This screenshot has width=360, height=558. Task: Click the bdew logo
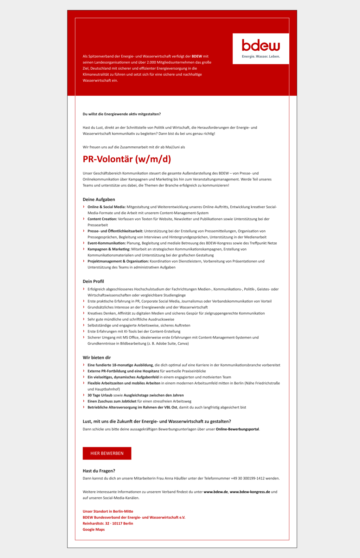click(x=261, y=45)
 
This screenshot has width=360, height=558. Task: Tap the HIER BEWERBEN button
click(x=107, y=453)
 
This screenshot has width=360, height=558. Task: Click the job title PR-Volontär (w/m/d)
click(x=127, y=159)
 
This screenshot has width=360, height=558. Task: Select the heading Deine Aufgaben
click(x=99, y=199)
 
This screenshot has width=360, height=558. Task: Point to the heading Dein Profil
click(x=93, y=281)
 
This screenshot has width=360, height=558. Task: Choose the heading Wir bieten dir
click(x=97, y=357)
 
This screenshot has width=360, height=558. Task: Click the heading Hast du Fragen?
click(x=99, y=471)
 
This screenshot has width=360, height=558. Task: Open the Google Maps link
click(x=94, y=530)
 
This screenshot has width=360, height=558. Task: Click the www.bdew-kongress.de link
click(x=250, y=492)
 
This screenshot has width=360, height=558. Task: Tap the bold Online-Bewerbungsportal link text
click(x=237, y=429)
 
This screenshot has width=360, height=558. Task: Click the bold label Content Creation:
click(x=102, y=219)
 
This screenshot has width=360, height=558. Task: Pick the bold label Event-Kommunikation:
click(x=107, y=243)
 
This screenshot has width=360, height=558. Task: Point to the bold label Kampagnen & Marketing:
click(x=109, y=249)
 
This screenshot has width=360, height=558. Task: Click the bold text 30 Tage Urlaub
click(x=100, y=395)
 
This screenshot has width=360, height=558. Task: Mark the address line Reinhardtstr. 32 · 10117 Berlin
click(x=108, y=524)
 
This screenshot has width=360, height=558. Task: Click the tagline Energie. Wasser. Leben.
click(x=261, y=57)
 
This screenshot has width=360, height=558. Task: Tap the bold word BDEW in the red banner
click(x=197, y=56)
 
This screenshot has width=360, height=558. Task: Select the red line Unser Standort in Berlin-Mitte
click(x=108, y=511)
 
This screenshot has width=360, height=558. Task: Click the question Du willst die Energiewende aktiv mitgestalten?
click(x=122, y=114)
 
